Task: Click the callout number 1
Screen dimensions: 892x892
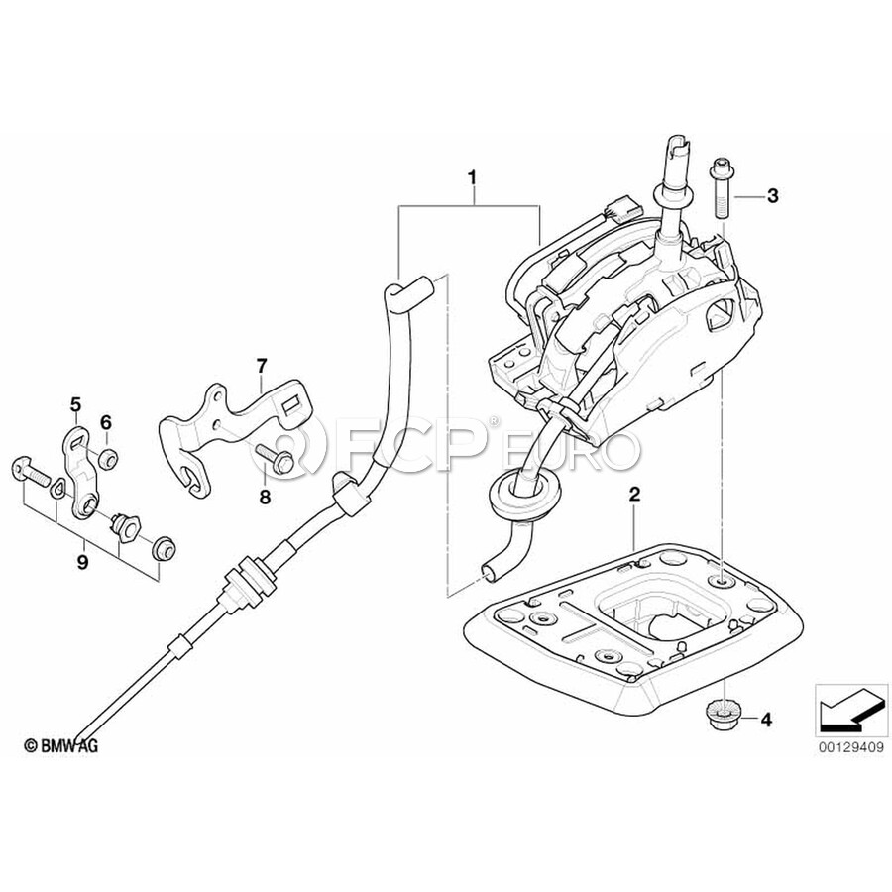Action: [471, 178]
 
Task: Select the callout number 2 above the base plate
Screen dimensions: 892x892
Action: [634, 494]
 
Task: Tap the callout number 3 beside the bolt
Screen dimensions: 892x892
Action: [772, 196]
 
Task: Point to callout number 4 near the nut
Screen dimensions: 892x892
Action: [767, 721]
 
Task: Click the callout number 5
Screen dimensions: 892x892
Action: [75, 404]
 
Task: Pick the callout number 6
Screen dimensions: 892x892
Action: [106, 422]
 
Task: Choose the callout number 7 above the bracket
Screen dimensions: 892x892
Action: [261, 365]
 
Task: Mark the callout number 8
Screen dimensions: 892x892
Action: [265, 497]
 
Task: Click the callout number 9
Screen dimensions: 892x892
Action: [83, 563]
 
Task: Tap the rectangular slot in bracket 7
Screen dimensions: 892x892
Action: [293, 405]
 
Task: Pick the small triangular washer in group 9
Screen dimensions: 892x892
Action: [57, 488]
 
